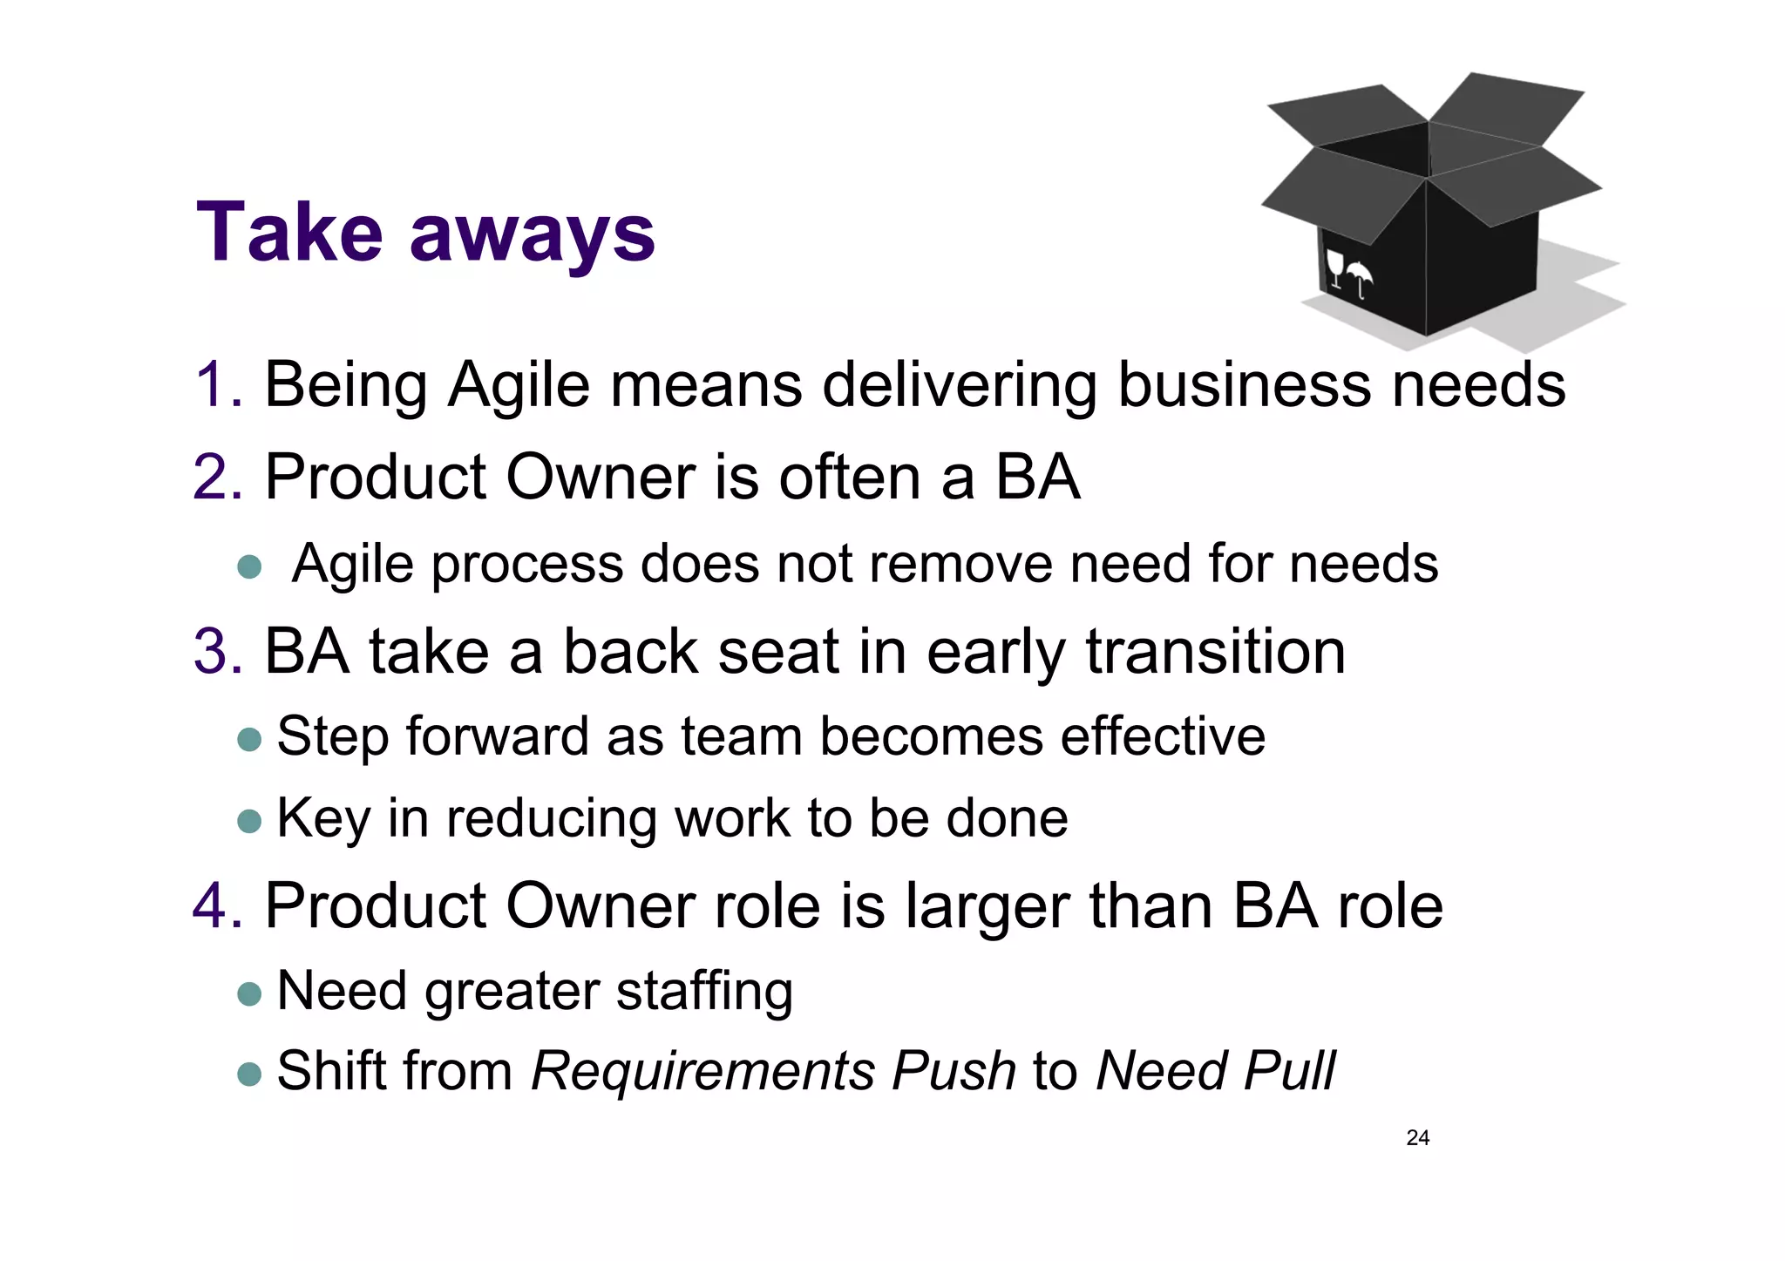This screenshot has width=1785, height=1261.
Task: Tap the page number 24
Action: click(x=1417, y=1137)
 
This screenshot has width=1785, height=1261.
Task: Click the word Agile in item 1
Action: click(x=519, y=386)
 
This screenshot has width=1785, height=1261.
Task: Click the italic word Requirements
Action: click(x=702, y=1073)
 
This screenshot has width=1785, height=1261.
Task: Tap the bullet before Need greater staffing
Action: click(x=249, y=993)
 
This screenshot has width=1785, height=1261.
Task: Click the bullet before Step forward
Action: click(x=249, y=739)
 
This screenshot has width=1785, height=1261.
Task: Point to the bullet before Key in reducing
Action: click(x=249, y=821)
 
